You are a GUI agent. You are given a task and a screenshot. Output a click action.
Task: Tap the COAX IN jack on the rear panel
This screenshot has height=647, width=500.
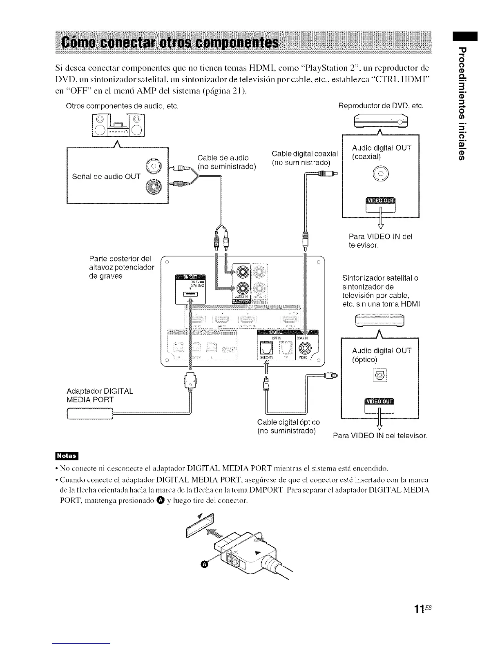pos(305,348)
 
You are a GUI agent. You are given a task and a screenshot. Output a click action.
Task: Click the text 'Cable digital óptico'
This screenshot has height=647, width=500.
pos(288,422)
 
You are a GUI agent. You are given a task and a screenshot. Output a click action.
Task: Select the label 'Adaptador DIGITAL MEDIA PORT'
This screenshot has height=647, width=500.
pos(100,395)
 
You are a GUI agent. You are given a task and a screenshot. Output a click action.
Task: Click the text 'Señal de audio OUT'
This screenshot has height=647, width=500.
pos(106,176)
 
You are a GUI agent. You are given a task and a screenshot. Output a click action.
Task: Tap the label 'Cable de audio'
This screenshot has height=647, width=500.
pos(223,158)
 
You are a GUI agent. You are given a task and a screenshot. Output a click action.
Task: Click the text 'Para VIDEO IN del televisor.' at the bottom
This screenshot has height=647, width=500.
pos(380,436)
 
